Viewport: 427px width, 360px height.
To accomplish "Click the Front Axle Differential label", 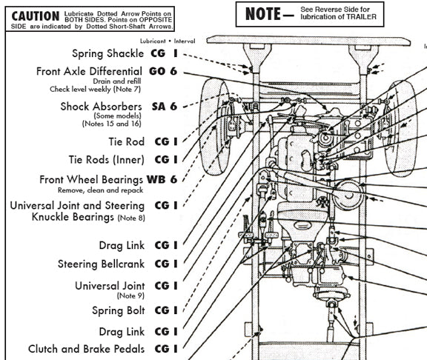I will point(90,71).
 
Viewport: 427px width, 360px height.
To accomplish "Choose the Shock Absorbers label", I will point(102,107).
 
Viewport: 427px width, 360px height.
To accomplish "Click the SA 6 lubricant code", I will point(164,107).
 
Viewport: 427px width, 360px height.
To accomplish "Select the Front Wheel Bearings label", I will point(90,179).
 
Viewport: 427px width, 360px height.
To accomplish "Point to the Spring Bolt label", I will point(119,310).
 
